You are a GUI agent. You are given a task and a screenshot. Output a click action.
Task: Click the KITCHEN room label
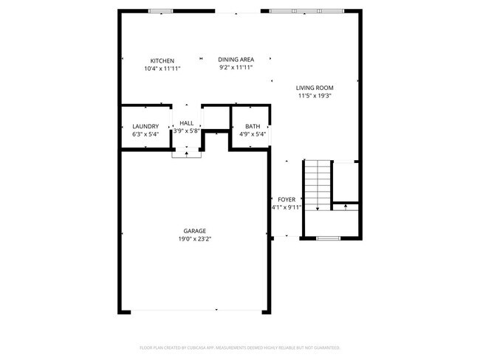point(162,60)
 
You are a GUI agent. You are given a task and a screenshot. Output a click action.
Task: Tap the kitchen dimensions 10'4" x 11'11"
point(162,69)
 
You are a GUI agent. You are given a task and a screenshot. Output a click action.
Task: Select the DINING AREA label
point(236,59)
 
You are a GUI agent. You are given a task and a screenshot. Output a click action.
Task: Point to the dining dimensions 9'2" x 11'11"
point(236,67)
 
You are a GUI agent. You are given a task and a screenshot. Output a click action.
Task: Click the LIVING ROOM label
point(315,87)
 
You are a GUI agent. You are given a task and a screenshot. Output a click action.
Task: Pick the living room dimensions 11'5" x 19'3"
point(315,95)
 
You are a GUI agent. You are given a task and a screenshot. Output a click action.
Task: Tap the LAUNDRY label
point(145,126)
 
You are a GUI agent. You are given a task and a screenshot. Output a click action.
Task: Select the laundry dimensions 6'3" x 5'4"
point(145,134)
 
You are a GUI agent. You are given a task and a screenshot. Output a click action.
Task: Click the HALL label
point(186,123)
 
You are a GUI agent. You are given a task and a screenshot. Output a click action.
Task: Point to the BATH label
point(253,126)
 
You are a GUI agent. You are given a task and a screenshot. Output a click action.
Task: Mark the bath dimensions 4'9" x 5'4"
point(253,134)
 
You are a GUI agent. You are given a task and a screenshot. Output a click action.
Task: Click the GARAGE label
point(195,231)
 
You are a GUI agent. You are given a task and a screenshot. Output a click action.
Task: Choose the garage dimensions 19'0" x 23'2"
point(195,239)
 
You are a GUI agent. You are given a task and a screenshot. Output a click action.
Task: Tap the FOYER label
point(286,200)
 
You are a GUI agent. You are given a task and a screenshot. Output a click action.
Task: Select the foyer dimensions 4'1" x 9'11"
point(286,208)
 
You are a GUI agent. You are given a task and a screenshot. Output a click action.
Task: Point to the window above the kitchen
point(160,11)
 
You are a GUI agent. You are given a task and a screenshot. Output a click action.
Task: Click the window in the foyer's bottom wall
point(328,238)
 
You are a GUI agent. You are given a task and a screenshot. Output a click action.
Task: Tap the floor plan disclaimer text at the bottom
point(240,347)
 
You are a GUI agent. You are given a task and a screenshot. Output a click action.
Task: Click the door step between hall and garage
point(186,153)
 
